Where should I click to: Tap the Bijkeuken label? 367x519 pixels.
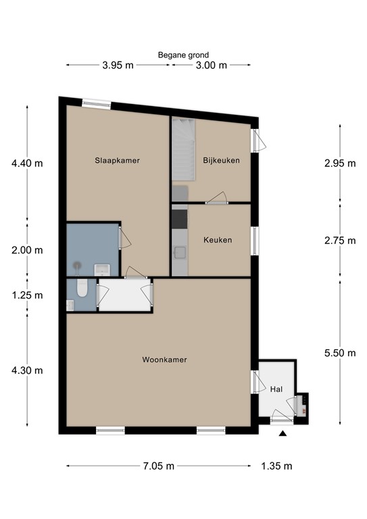click(x=221, y=160)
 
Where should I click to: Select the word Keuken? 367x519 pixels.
click(x=218, y=240)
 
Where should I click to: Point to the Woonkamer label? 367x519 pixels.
click(x=164, y=360)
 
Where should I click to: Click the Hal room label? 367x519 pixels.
click(x=276, y=389)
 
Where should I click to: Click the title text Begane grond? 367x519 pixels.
click(x=183, y=55)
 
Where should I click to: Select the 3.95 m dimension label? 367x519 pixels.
click(x=117, y=66)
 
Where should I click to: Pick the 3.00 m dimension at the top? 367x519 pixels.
click(x=211, y=66)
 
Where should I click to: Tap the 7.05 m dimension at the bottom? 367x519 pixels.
click(x=159, y=466)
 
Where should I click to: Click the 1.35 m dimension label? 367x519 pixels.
click(x=276, y=466)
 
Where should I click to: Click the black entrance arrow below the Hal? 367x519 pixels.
click(x=282, y=434)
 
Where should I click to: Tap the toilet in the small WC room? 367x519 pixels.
click(x=81, y=289)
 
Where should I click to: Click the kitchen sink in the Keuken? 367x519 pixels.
click(x=180, y=253)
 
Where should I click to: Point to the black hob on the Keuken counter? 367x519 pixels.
click(x=180, y=219)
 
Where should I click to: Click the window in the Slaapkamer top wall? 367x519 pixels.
click(x=96, y=104)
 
